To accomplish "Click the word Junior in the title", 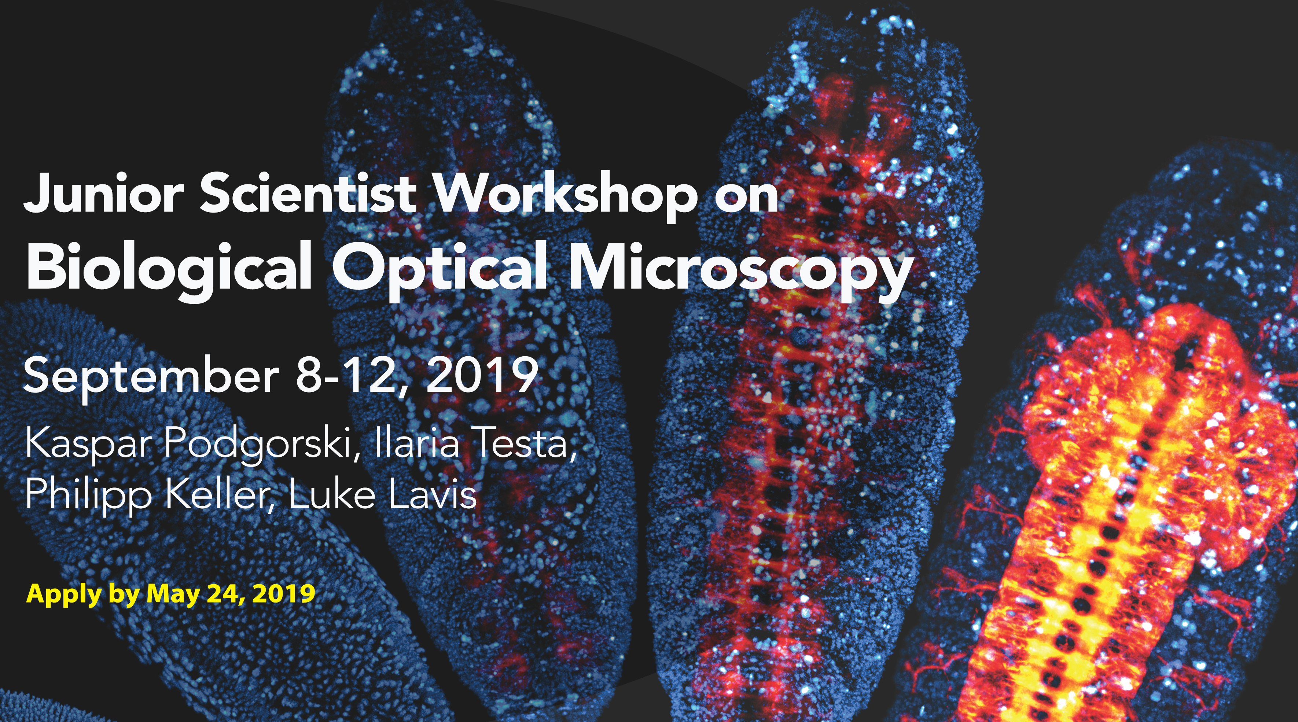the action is coord(104,193).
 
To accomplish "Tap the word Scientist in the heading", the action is coord(308,193).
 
